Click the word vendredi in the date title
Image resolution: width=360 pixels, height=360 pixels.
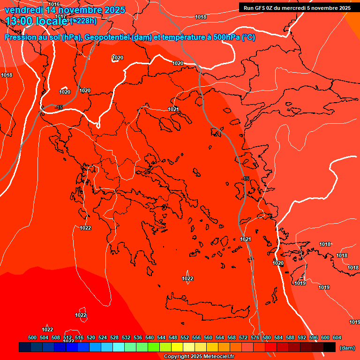point(24,10)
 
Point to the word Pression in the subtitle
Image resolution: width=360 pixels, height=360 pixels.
point(19,38)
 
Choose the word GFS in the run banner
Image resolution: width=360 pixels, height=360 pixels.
point(259,8)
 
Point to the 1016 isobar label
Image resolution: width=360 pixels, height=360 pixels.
point(54,4)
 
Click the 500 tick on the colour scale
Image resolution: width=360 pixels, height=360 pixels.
point(32,337)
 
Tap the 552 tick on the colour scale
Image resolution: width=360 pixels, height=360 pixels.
point(185,337)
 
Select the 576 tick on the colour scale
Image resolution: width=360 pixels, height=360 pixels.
point(255,337)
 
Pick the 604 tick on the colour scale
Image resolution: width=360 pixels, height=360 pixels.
point(337,337)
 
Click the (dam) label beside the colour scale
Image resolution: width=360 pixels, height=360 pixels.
point(347,348)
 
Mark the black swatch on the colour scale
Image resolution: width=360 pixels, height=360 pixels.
point(330,347)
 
